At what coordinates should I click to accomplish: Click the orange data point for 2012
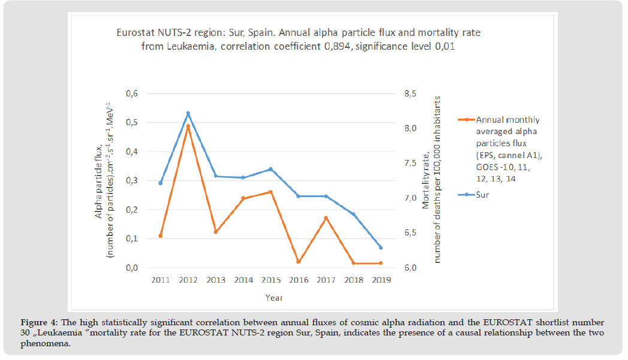tap(188, 126)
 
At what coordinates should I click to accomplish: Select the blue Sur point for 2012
tap(188, 113)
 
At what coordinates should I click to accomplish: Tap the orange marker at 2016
tap(298, 262)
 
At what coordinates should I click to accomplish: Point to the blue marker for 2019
tap(381, 247)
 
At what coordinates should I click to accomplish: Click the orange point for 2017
tap(326, 218)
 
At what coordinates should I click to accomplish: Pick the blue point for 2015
tap(271, 169)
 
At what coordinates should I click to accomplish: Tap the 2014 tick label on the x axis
tap(243, 280)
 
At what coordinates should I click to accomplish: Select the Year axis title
tap(274, 297)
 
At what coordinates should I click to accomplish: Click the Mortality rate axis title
tap(431, 179)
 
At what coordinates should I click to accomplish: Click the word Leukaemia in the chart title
tap(182, 46)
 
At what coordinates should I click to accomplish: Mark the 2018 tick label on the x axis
tap(353, 280)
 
